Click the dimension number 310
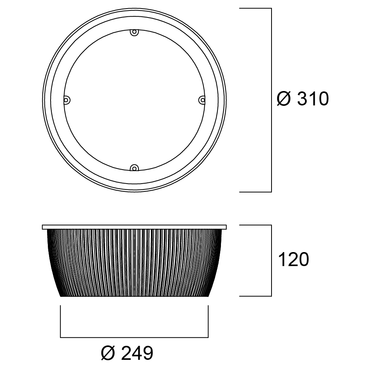point(313,99)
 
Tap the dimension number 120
point(293,259)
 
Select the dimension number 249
point(137,353)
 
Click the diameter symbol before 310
point(284,99)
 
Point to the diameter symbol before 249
point(108,353)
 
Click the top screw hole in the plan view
point(134,32)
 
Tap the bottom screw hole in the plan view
point(134,168)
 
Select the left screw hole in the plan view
point(67,100)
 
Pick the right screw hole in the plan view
point(202,100)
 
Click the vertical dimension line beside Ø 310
point(272,100)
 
